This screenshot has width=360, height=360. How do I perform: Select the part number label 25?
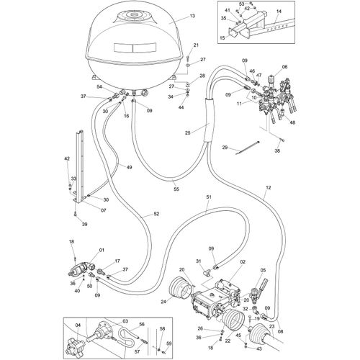tap(188, 132)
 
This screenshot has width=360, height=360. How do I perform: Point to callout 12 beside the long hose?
tap(267, 187)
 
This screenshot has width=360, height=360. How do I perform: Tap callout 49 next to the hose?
tap(130, 168)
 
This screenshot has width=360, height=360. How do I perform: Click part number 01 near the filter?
tap(101, 250)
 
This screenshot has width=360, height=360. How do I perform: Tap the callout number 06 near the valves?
tap(284, 66)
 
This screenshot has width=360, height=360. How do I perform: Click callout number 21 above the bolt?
tap(195, 45)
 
